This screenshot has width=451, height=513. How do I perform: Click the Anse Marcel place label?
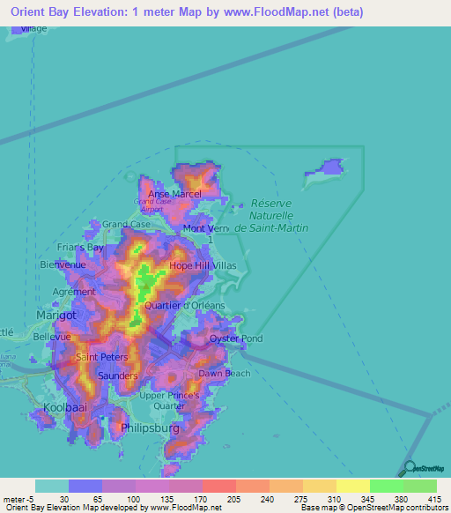174,194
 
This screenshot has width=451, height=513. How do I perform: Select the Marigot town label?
56,314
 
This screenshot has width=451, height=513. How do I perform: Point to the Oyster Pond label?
235,338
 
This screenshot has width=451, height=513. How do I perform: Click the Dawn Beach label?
224,373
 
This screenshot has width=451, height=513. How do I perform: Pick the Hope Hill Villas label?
203,264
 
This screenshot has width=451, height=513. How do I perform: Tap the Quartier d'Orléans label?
191,305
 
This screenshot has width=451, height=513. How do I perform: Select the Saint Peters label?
102,357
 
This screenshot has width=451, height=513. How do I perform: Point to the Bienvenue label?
63,264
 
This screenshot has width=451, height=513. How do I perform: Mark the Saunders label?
118,375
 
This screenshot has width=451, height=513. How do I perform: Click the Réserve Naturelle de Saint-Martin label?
270,214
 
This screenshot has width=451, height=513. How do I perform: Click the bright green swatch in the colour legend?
386,486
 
